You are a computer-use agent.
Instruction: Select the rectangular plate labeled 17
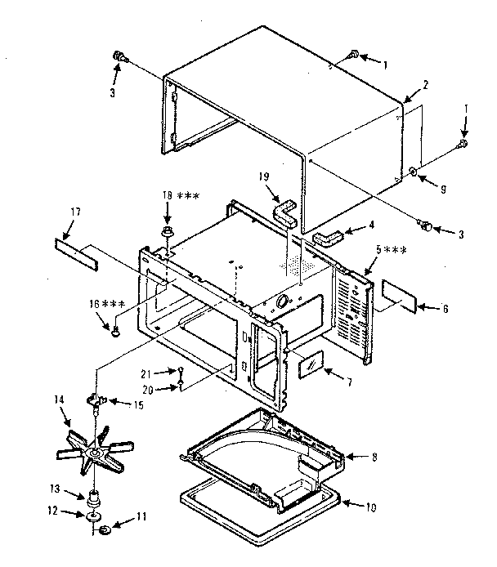tap(76, 246)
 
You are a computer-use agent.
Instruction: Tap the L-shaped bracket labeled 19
tap(283, 215)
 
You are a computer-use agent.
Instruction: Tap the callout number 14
tap(58, 400)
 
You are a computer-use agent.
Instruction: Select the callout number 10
tap(373, 507)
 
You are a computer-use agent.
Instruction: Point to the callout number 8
tap(374, 458)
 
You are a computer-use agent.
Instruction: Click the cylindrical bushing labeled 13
tap(95, 496)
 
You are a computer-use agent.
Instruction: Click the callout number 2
tap(426, 85)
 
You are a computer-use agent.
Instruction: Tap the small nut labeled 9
tap(414, 172)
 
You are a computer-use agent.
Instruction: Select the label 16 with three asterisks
tap(107, 304)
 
